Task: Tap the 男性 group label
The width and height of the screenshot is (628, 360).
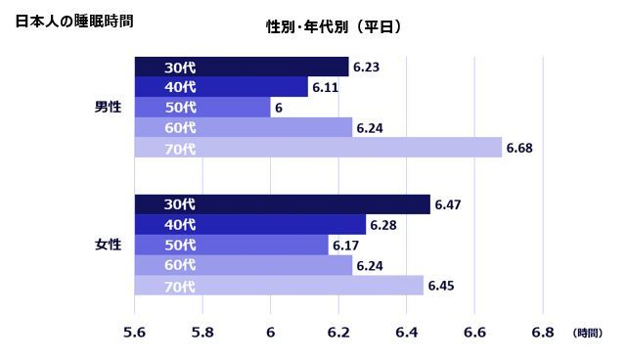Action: (108, 107)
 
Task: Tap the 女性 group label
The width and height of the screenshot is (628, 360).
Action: (108, 245)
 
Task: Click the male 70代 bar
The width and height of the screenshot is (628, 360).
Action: (318, 148)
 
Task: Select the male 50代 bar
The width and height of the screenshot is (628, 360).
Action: (202, 108)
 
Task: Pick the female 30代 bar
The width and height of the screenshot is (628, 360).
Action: (282, 204)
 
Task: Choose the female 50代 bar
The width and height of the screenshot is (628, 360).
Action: (231, 245)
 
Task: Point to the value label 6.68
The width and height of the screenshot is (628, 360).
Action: (519, 149)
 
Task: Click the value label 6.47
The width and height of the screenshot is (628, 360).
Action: (447, 205)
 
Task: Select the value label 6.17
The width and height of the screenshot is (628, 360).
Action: (346, 246)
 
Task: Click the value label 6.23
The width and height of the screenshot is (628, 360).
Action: (366, 67)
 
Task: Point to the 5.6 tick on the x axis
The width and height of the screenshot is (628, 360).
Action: (134, 333)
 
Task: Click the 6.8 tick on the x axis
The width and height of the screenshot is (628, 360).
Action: (542, 333)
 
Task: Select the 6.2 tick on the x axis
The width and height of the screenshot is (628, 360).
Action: (338, 333)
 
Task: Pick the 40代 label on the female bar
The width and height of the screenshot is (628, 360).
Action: (180, 225)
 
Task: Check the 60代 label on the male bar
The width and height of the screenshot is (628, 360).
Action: (180, 128)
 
